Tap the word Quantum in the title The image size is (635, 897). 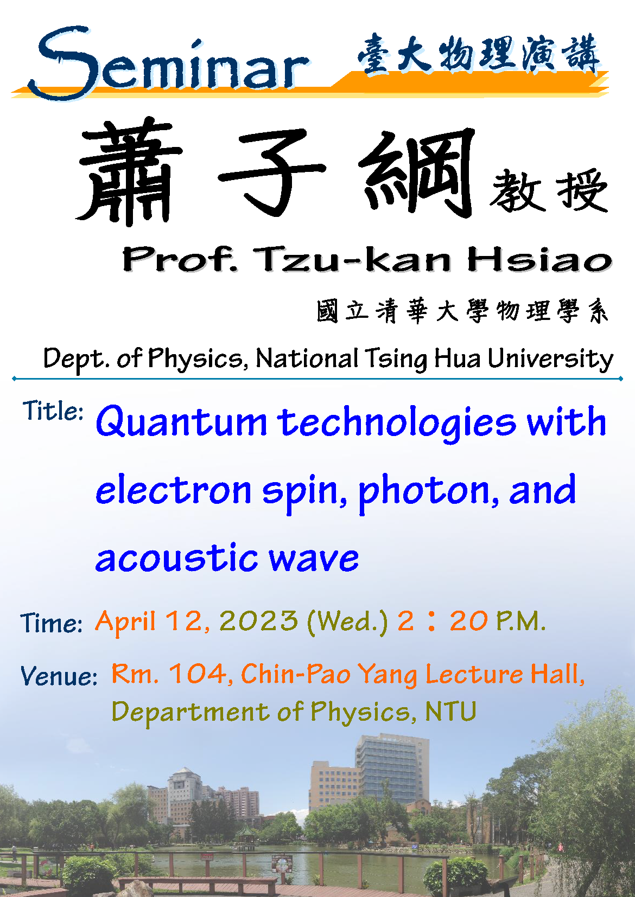pos(181,422)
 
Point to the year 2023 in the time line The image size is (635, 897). pos(258,621)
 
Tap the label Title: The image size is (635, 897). pos(53,411)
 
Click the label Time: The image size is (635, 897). pos(51,623)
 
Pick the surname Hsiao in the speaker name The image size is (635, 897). pos(539,259)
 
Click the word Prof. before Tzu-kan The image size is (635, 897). pos(180,259)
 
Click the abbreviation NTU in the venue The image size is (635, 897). pos(450,712)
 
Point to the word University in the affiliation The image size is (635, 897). pos(550,359)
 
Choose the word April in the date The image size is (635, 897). pos(125,622)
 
